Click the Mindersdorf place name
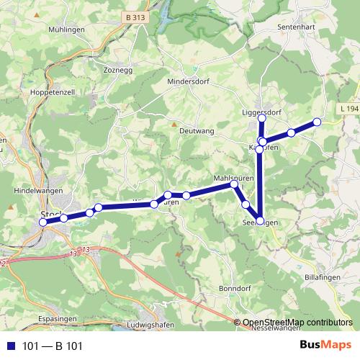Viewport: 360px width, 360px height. (x=189, y=82)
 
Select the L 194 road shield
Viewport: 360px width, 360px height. (x=347, y=109)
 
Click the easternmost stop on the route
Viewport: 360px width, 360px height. (x=316, y=122)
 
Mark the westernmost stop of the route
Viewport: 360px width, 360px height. (x=42, y=222)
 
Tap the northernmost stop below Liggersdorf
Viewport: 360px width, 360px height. (x=261, y=117)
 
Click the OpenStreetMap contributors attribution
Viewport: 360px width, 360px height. (x=297, y=323)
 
